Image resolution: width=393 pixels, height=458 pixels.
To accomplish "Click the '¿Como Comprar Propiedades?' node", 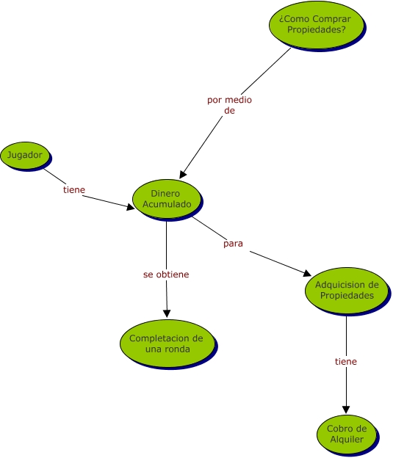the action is tap(317, 25).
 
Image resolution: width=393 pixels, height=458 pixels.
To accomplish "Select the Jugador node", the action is tap(25, 156).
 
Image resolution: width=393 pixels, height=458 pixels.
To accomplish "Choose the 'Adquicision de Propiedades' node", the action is tap(347, 291).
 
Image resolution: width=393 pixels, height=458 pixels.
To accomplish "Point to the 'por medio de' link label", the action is tap(229, 105).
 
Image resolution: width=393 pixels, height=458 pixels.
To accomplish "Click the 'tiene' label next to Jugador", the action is tap(74, 189).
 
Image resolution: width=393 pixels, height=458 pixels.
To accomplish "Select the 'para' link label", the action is tap(233, 244).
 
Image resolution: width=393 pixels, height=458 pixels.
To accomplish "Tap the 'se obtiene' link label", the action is tap(166, 275).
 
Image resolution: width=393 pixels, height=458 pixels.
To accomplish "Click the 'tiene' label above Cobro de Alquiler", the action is tap(346, 361).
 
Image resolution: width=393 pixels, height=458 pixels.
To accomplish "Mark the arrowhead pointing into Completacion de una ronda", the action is tap(167, 313).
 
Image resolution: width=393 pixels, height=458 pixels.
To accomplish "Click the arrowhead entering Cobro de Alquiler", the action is tap(346, 410).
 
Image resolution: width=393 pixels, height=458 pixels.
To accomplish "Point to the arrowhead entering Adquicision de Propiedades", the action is tap(307, 273).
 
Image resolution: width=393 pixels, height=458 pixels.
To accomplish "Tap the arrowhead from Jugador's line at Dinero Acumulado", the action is tap(131, 207).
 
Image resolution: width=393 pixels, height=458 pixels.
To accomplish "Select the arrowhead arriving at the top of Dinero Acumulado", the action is tap(182, 175).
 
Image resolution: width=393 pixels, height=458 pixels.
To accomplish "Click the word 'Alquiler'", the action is tap(347, 440).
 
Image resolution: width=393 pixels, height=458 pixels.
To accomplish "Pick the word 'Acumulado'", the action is tap(167, 204).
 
